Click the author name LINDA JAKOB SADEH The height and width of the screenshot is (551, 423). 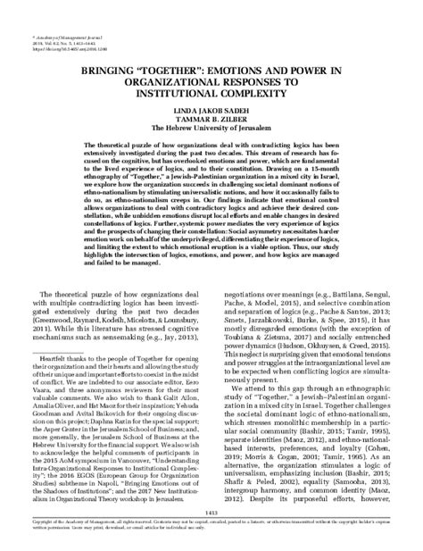point(211,106)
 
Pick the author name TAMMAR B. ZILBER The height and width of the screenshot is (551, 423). point(211,115)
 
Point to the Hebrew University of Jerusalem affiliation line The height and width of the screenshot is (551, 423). point(211,124)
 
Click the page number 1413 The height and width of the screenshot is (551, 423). point(211,509)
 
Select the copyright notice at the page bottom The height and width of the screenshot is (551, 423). point(211,522)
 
